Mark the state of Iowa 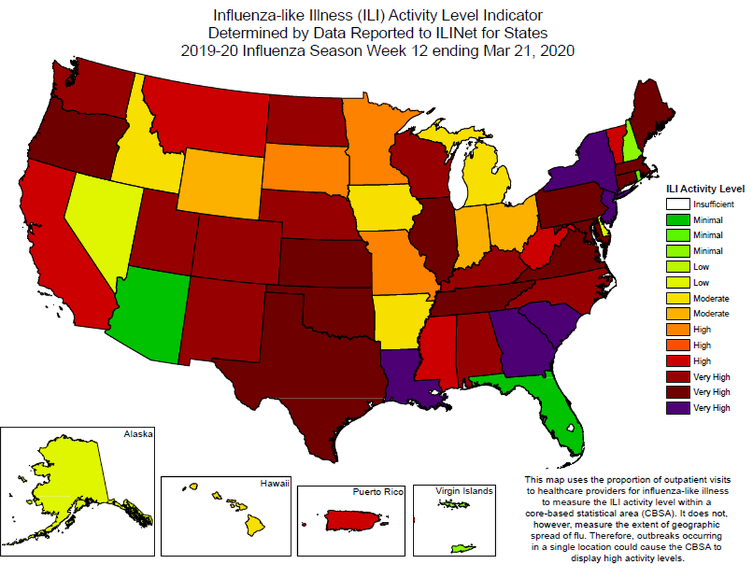[383, 207]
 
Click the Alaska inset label [138, 434]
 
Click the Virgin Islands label [464, 491]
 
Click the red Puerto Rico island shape [354, 520]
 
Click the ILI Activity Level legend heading [705, 188]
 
